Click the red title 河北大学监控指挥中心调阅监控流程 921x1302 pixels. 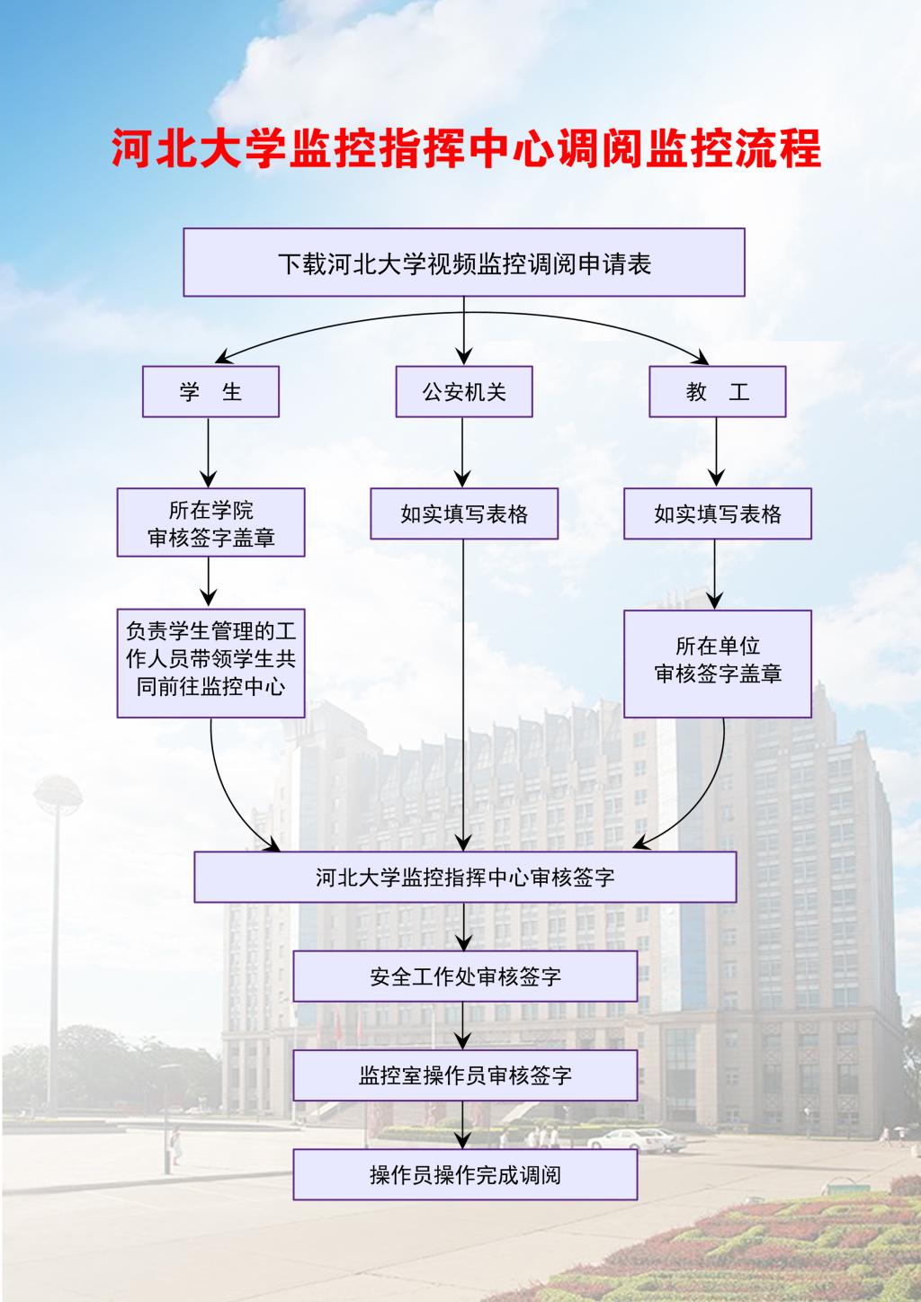[466, 148]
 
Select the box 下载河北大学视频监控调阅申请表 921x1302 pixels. [464, 263]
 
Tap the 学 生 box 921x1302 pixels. [210, 392]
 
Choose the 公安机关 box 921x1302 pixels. [464, 392]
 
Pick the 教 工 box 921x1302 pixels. [718, 392]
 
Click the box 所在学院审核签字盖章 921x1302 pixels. [210, 522]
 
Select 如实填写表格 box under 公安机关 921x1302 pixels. [464, 513]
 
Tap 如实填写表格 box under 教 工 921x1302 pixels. [718, 513]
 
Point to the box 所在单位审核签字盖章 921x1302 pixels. [718, 664]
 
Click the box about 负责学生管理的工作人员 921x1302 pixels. [210, 664]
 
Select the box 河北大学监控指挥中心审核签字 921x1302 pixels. [465, 877]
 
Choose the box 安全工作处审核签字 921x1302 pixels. [465, 976]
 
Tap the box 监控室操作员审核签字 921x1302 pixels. [465, 1075]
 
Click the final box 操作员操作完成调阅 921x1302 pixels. [465, 1174]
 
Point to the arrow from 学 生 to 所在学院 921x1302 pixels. [208, 452]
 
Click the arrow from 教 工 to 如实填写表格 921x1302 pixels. [716, 452]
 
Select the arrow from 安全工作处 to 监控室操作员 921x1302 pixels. [463, 1025]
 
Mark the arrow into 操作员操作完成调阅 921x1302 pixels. [463, 1125]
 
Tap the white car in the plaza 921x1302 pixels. [637, 1140]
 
